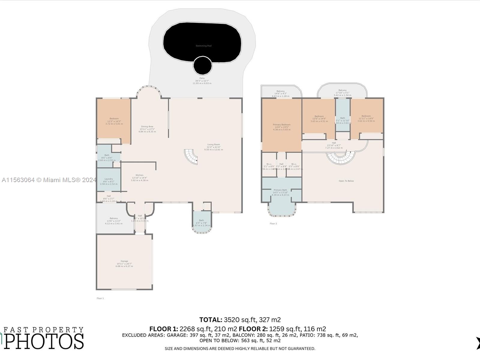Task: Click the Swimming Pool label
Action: click(203, 46)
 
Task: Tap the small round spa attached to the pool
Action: click(202, 65)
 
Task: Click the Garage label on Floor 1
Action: click(124, 261)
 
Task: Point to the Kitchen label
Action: click(139, 175)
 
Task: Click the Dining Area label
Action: click(147, 127)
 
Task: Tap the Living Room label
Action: click(214, 145)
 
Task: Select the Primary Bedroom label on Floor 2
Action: click(281, 125)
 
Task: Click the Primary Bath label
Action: click(280, 190)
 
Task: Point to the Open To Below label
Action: click(346, 181)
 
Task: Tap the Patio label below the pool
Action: click(202, 78)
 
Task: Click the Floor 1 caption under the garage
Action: click(100, 298)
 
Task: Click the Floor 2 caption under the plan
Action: click(273, 223)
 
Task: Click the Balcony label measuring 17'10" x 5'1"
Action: click(342, 90)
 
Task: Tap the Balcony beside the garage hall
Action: click(114, 218)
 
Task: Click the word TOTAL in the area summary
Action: click(211, 320)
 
